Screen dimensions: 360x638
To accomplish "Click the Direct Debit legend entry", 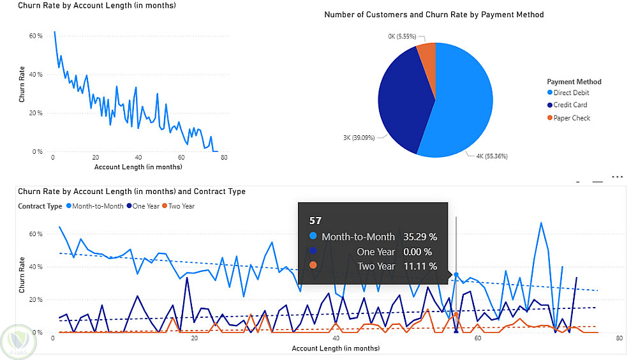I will pyautogui.click(x=572, y=93).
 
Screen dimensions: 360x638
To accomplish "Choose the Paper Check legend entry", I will pyautogui.click(x=572, y=118).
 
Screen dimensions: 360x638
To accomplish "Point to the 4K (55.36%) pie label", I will pyautogui.click(x=492, y=155).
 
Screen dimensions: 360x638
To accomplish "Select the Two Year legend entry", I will pyautogui.click(x=181, y=206).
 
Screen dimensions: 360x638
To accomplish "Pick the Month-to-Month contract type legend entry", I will pyautogui.click(x=98, y=206).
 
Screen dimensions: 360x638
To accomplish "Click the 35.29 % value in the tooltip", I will pyautogui.click(x=420, y=237).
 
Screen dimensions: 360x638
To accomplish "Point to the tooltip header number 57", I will pyautogui.click(x=315, y=221).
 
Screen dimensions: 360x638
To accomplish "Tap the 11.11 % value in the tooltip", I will pyautogui.click(x=420, y=266).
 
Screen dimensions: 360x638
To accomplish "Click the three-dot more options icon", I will pyautogui.click(x=617, y=176).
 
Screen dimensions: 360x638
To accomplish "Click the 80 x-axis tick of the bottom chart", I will pyautogui.click(x=618, y=338).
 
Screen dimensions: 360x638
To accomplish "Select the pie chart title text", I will pyautogui.click(x=434, y=14).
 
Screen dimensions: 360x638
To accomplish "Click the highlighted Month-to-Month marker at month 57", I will pyautogui.click(x=456, y=274).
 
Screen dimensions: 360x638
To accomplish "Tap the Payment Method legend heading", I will pyautogui.click(x=574, y=82).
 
